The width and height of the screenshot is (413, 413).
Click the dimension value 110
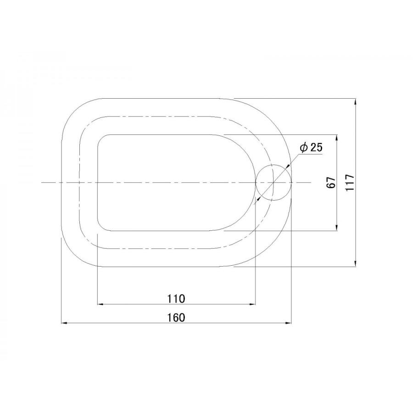pyautogui.click(x=177, y=299)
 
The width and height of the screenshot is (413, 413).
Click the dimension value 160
pyautogui.click(x=177, y=318)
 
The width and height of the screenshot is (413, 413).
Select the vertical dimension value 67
pyautogui.click(x=331, y=182)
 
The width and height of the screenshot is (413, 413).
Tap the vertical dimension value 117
pyautogui.click(x=350, y=182)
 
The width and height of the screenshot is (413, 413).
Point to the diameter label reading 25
pyautogui.click(x=316, y=147)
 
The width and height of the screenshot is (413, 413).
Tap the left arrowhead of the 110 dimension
pyautogui.click(x=100, y=304)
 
